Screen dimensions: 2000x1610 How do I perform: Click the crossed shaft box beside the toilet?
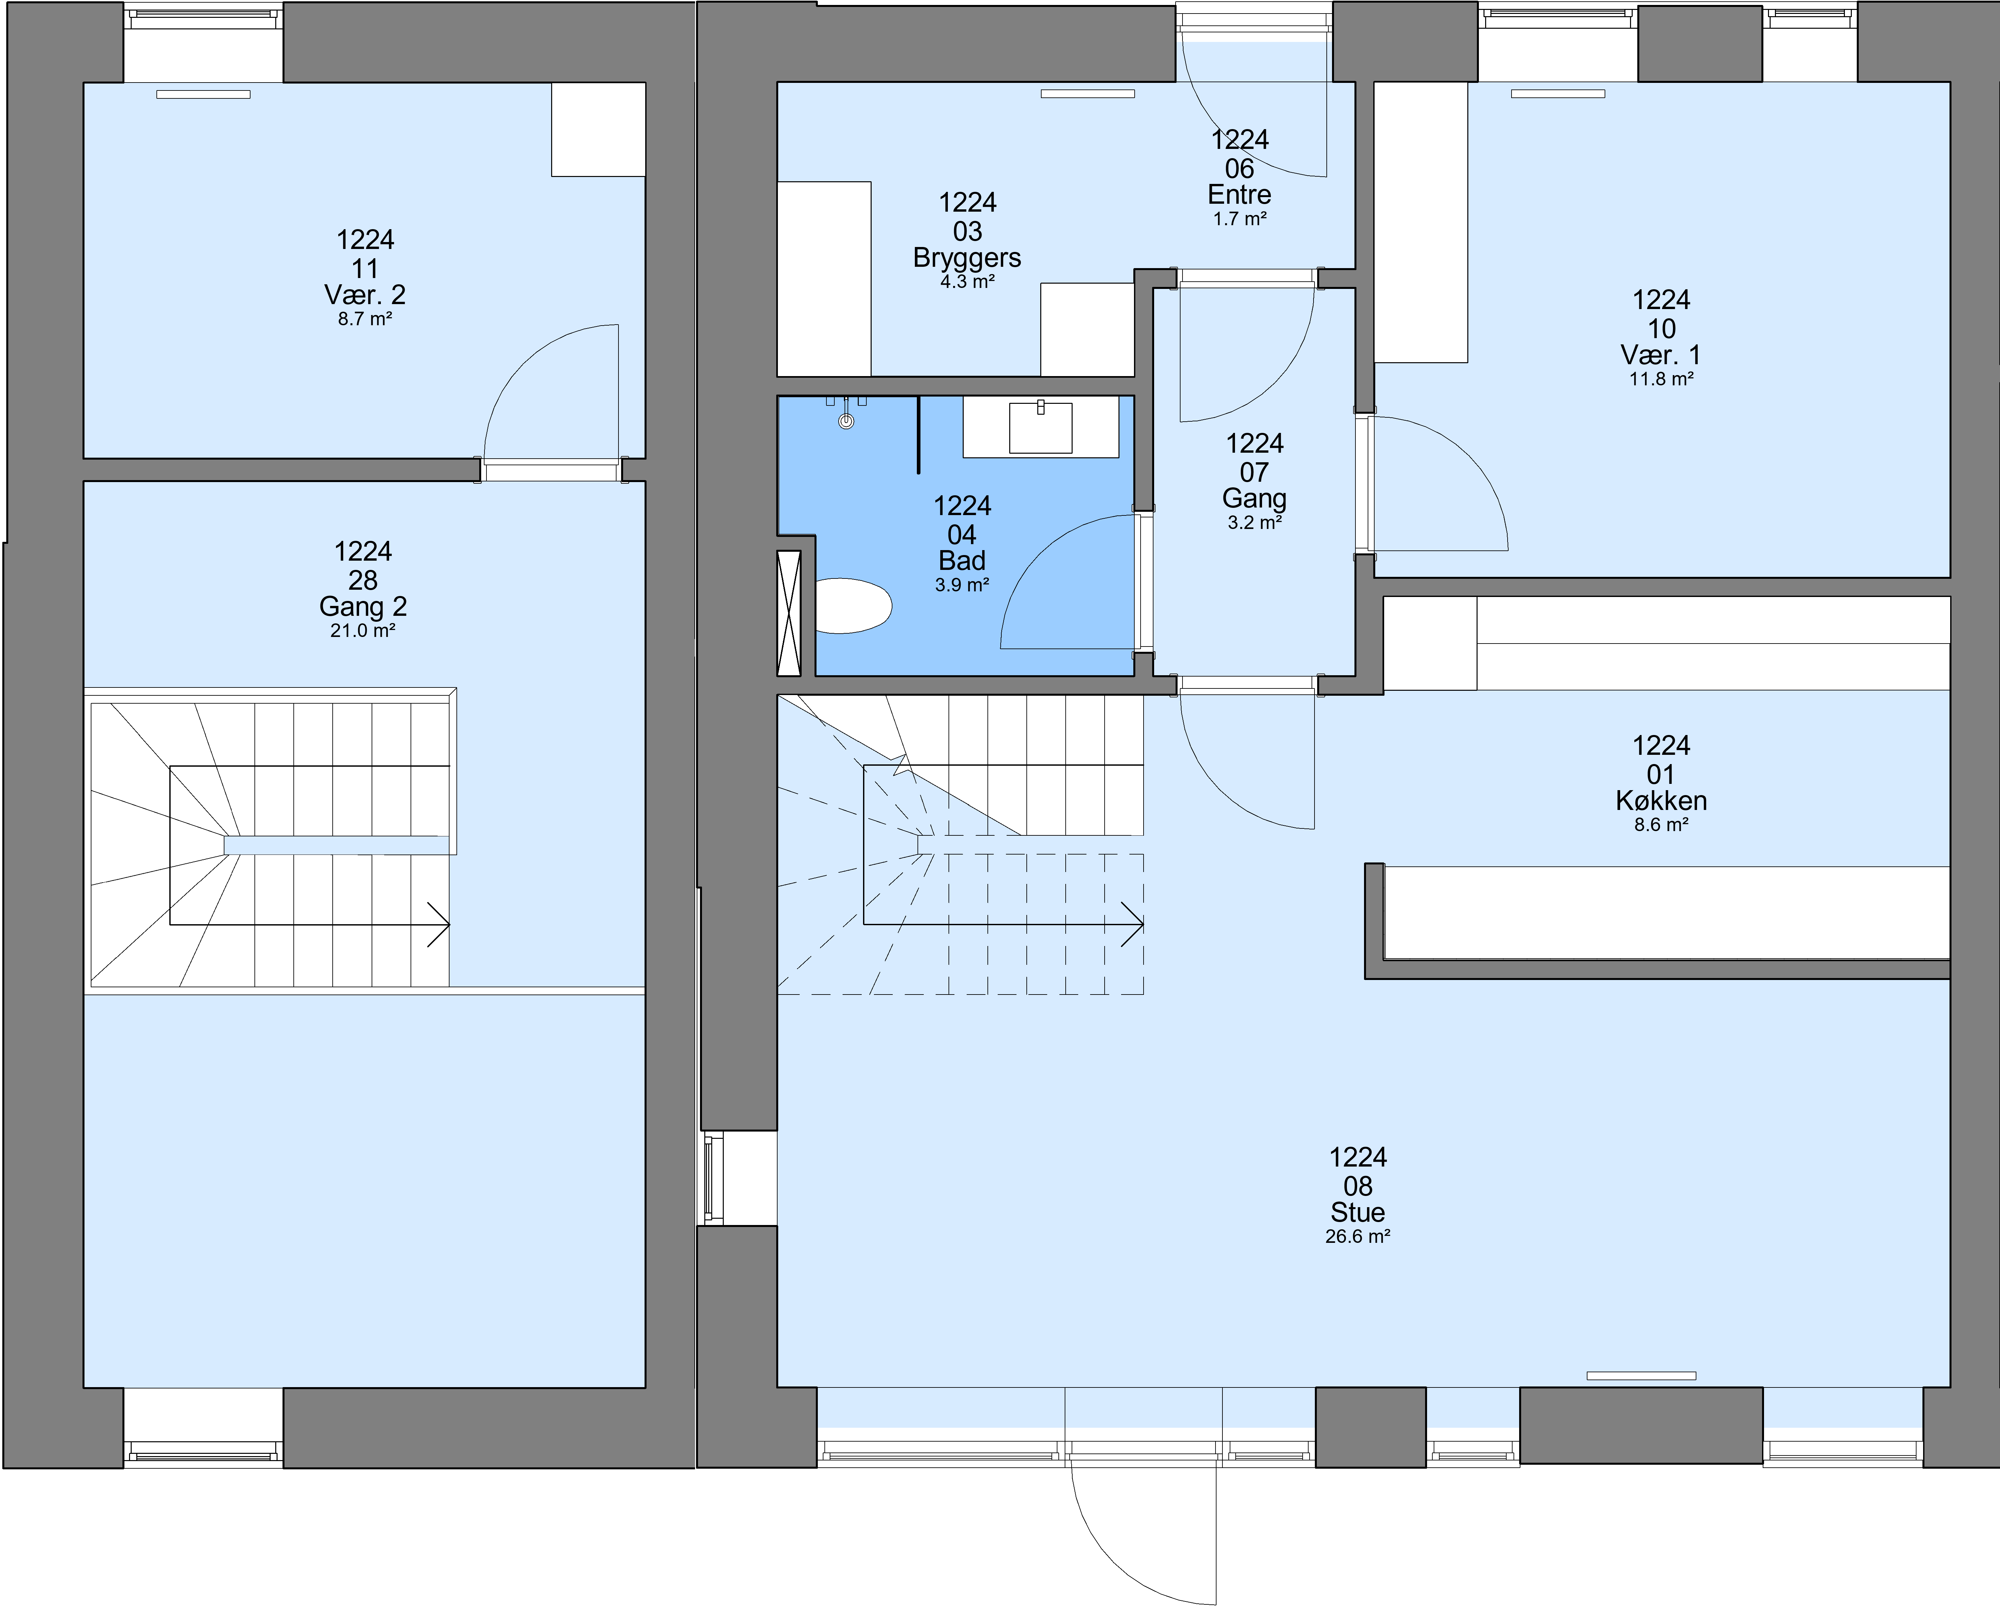(x=788, y=613)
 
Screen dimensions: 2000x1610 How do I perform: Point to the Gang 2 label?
(x=363, y=607)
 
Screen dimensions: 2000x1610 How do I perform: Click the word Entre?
(x=1239, y=195)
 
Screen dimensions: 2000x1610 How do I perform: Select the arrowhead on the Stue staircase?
(x=1133, y=924)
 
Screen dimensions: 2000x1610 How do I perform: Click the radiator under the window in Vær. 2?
(x=203, y=94)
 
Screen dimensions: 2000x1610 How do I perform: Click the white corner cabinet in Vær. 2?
(x=598, y=129)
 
